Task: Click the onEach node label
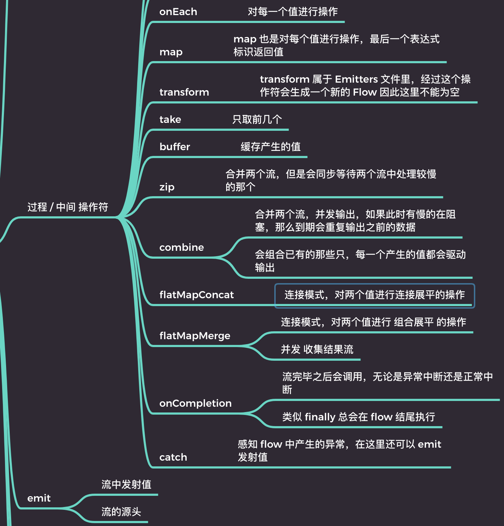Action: (x=178, y=12)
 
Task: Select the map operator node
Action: (x=171, y=52)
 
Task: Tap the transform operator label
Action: (x=184, y=92)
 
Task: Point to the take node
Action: (x=170, y=120)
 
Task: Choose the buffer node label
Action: (x=174, y=147)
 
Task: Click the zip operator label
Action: (x=167, y=187)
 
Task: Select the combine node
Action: (x=181, y=248)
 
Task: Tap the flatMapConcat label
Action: (x=196, y=295)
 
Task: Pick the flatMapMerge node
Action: (x=195, y=336)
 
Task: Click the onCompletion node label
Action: (x=195, y=403)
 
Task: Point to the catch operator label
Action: (x=173, y=457)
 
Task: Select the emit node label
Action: (x=39, y=498)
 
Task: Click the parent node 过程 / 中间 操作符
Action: (x=68, y=207)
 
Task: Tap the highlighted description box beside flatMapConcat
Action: (x=374, y=295)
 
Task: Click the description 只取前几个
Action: (x=257, y=120)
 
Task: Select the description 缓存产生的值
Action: (x=270, y=147)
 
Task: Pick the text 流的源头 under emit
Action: (x=121, y=512)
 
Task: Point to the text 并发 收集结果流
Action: (x=317, y=350)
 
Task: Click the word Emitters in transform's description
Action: (x=356, y=79)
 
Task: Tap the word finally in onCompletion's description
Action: (x=320, y=417)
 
